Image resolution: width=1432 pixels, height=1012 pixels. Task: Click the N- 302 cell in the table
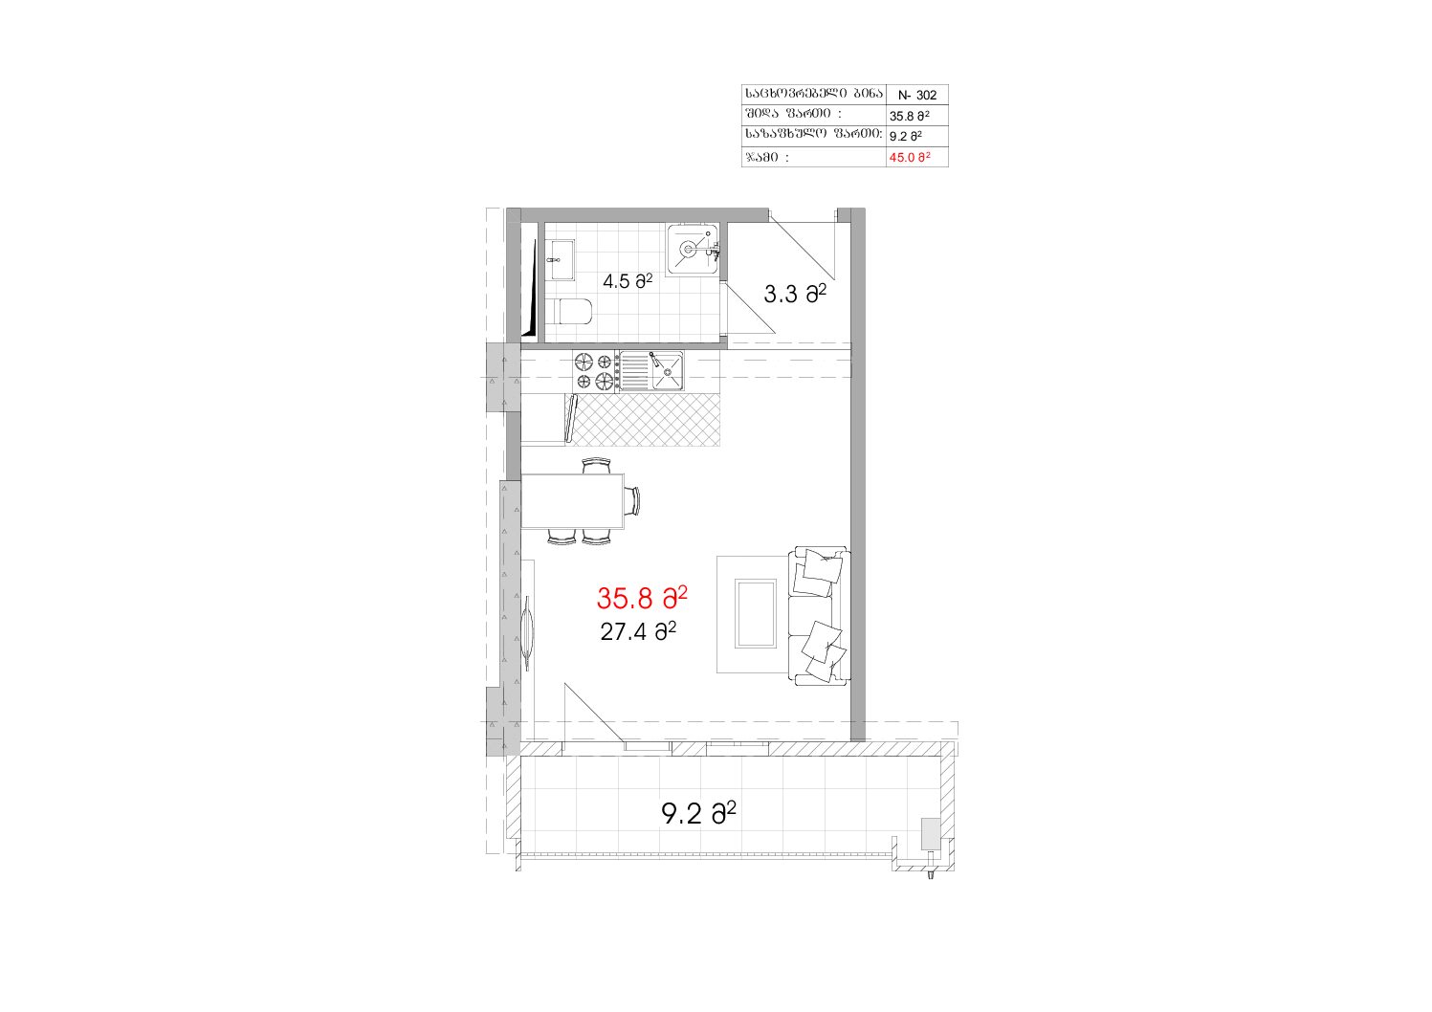pyautogui.click(x=916, y=96)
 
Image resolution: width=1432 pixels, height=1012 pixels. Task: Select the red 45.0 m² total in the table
pyautogui.click(x=909, y=157)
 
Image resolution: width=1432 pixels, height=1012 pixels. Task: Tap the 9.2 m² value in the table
pyautogui.click(x=905, y=136)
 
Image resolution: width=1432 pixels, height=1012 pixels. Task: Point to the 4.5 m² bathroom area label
pyautogui.click(x=628, y=280)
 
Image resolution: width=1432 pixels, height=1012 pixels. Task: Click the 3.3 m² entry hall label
pyautogui.click(x=795, y=294)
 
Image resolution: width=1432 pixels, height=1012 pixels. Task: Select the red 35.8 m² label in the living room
pyautogui.click(x=642, y=598)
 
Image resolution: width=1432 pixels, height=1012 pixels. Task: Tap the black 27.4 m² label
pyautogui.click(x=638, y=631)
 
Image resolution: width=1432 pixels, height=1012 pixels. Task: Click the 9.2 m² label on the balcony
pyautogui.click(x=698, y=814)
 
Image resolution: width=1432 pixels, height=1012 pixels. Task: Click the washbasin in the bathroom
pyautogui.click(x=561, y=259)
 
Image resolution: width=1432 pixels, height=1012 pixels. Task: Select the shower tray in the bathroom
pyautogui.click(x=693, y=250)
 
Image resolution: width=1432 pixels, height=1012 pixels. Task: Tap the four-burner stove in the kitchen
pyautogui.click(x=595, y=371)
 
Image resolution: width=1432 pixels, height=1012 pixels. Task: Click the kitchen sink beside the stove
pyautogui.click(x=651, y=371)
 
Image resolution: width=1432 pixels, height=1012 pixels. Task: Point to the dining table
pyautogui.click(x=572, y=501)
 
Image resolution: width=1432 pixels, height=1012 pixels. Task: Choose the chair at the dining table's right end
pyautogui.click(x=632, y=500)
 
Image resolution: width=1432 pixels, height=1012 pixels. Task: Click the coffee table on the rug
pyautogui.click(x=756, y=614)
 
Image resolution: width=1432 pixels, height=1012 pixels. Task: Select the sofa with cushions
pyautogui.click(x=820, y=616)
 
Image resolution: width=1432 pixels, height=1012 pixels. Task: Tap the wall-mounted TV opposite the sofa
pyautogui.click(x=527, y=633)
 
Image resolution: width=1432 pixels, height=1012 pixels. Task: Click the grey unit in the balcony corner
pyautogui.click(x=930, y=834)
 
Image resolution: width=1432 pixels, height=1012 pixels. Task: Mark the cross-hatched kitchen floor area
pyautogui.click(x=647, y=419)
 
